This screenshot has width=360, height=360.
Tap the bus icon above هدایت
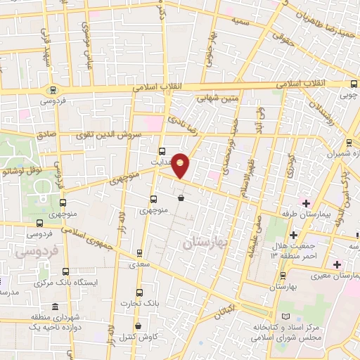pos(162,150)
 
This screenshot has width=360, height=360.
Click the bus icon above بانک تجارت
pos(139,292)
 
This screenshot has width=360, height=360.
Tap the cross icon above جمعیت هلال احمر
pos(293,234)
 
